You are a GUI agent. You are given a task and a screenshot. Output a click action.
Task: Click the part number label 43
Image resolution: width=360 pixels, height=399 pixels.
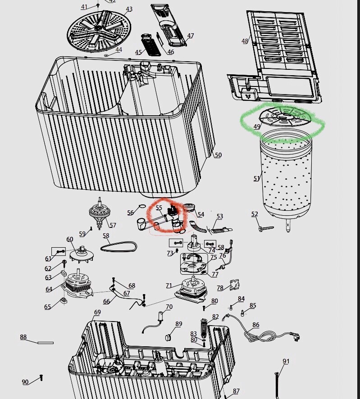(x=129, y=9)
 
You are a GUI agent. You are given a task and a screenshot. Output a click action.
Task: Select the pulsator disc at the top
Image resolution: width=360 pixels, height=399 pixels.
(x=99, y=32)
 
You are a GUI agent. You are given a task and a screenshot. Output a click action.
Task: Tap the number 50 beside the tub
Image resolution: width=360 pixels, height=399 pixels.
(x=218, y=155)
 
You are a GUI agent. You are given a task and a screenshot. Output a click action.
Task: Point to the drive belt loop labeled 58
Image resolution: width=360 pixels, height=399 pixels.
(x=118, y=247)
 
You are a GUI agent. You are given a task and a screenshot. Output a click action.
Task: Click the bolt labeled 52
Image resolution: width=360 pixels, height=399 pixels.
(x=266, y=228)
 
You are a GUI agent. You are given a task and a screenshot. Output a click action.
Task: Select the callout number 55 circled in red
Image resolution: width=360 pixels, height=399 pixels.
(x=159, y=208)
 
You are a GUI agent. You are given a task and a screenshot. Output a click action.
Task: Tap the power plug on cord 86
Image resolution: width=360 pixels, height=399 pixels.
(x=296, y=336)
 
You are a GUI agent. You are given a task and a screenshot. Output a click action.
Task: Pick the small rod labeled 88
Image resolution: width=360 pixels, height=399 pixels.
(x=46, y=343)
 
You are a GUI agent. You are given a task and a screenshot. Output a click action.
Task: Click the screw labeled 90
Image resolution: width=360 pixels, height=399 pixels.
(x=41, y=378)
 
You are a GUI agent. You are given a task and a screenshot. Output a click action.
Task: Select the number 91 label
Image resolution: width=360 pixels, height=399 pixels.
(x=286, y=361)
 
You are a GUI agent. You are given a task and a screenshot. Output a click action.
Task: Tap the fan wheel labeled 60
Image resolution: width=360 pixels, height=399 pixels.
(x=82, y=255)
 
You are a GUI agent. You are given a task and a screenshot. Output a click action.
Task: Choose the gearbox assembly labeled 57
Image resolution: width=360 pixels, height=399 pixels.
(x=100, y=213)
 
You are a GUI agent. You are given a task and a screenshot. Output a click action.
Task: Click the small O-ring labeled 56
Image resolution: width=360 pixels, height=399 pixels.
(x=142, y=206)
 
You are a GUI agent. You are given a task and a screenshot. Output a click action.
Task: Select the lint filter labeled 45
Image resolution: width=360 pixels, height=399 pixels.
(x=151, y=45)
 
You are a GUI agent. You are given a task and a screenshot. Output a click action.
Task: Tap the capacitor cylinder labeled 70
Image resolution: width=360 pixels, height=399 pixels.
(x=161, y=316)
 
